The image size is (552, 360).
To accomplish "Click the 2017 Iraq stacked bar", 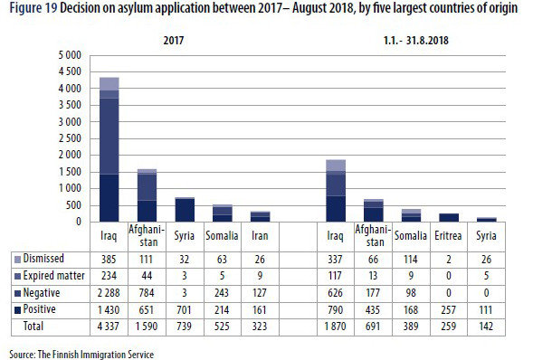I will point(109,149).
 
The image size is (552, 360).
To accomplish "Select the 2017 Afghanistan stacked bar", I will point(147,195).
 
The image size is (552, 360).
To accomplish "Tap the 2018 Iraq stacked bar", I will point(336,190).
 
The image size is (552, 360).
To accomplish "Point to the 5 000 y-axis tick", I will point(69,55).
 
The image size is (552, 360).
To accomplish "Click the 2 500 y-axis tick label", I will point(69,138).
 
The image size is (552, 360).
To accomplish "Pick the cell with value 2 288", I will point(109,291).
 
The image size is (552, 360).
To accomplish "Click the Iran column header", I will point(260,237).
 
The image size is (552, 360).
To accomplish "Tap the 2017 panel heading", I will point(175,41).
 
